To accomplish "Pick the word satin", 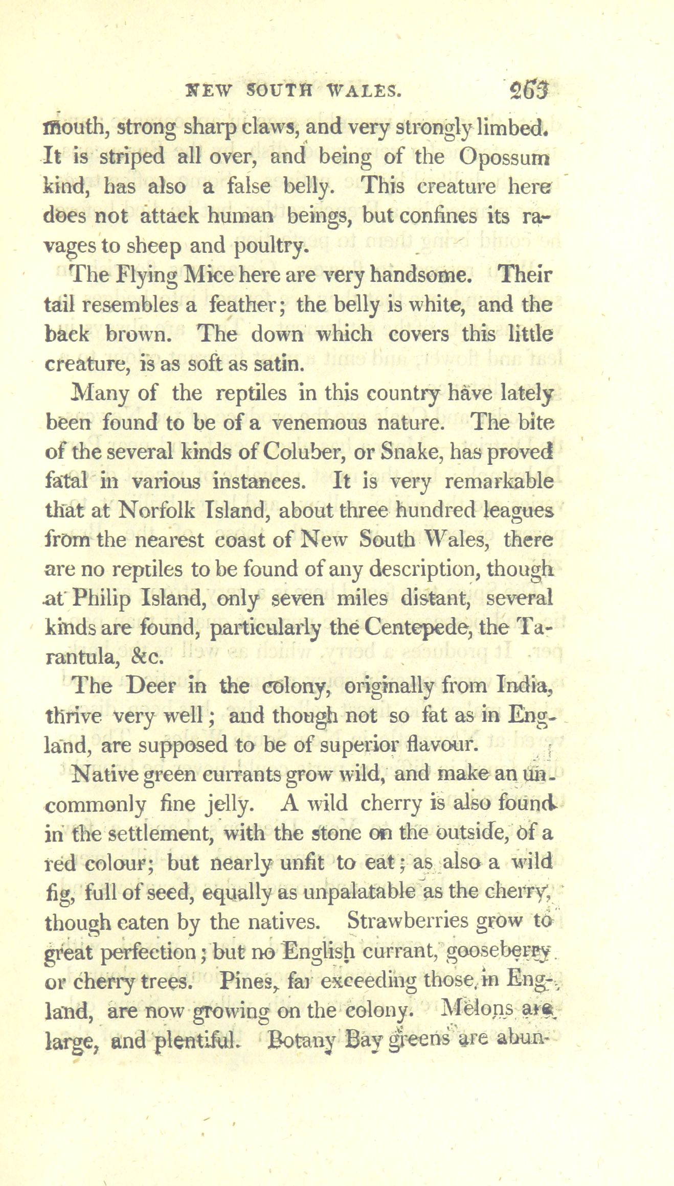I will tap(280, 364).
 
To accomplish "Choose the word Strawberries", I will tap(406, 922).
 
